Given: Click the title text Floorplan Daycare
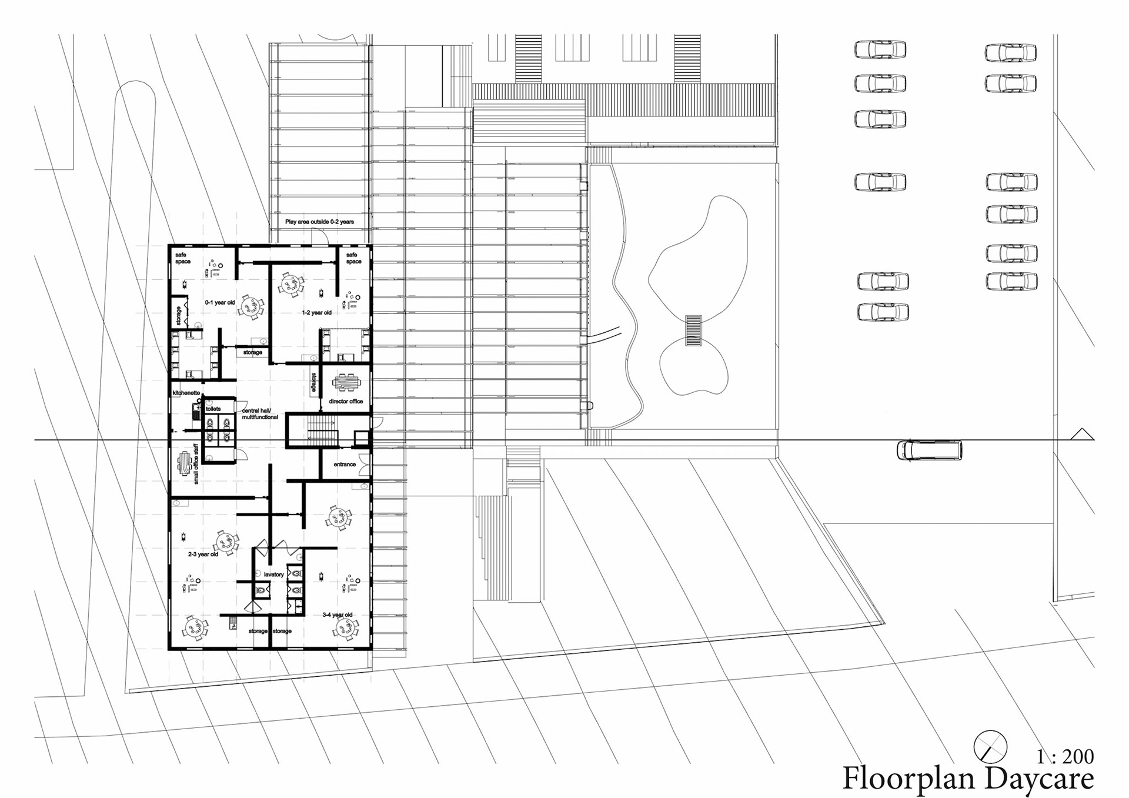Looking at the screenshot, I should [x=968, y=779].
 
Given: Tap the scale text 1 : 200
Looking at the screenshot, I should [x=1065, y=756].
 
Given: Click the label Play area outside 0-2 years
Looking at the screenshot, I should [x=319, y=222].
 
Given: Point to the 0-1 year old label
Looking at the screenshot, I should [x=220, y=303].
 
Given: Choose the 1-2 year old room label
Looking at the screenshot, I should [x=317, y=313].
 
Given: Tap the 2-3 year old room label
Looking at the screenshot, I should [x=203, y=555].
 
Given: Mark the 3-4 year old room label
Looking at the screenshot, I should [x=338, y=615].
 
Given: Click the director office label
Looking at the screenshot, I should [x=346, y=402].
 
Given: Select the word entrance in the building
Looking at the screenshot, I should [x=345, y=465].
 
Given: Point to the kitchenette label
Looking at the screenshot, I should [x=186, y=393].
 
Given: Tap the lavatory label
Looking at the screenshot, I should [x=274, y=575].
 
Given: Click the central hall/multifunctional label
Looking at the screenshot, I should [x=260, y=414].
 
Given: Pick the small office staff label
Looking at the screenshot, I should [x=196, y=464].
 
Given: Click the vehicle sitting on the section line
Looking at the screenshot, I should [x=928, y=450].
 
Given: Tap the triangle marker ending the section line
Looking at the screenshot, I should [x=1082, y=435].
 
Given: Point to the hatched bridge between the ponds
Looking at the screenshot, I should [x=693, y=330].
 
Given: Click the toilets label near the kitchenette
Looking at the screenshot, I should [x=213, y=409].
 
